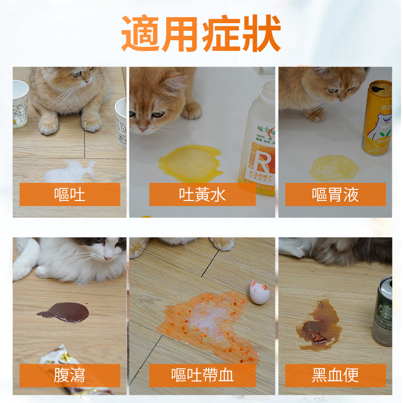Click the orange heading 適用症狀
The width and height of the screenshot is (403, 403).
pyautogui.click(x=201, y=34)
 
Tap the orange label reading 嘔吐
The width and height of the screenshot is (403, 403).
pyautogui.click(x=70, y=194)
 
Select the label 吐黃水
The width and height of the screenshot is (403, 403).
pyautogui.click(x=202, y=194)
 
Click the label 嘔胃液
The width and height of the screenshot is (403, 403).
pyautogui.click(x=335, y=194)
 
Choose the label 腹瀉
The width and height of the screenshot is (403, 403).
pyautogui.click(x=70, y=375)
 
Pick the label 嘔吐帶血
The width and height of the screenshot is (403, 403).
pyautogui.click(x=202, y=375)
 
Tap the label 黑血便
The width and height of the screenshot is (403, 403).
pyautogui.click(x=335, y=375)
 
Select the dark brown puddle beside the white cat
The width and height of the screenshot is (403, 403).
pyautogui.click(x=64, y=312)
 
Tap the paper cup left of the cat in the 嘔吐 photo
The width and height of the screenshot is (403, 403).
pyautogui.click(x=20, y=103)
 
